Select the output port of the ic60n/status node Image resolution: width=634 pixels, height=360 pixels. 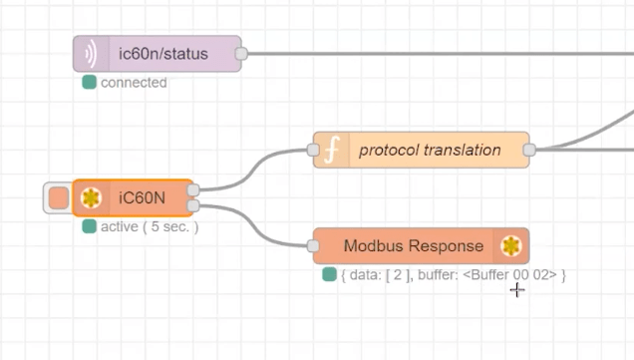(x=240, y=54)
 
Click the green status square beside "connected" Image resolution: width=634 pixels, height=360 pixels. (x=89, y=83)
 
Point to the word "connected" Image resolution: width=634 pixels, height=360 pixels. (x=134, y=83)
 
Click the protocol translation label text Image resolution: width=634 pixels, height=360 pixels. (x=430, y=150)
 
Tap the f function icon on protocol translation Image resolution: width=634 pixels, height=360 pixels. (x=332, y=150)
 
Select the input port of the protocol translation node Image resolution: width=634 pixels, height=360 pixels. (x=313, y=150)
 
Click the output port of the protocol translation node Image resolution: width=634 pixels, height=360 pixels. (x=529, y=150)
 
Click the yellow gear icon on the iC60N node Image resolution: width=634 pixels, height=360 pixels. (x=91, y=197)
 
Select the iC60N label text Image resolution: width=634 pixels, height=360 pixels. (x=141, y=197)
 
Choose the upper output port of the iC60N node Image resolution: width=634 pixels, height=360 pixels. (x=192, y=189)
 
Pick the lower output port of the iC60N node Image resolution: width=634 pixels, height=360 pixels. (x=192, y=205)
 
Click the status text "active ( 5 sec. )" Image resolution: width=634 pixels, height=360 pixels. (x=150, y=226)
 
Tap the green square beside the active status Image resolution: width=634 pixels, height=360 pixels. (x=89, y=226)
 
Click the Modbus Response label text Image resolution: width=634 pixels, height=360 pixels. (x=413, y=245)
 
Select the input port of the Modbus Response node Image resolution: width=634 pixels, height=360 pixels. (x=313, y=245)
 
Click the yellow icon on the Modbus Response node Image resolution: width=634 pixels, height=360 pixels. (x=511, y=245)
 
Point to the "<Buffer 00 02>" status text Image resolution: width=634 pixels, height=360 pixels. (x=509, y=274)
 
